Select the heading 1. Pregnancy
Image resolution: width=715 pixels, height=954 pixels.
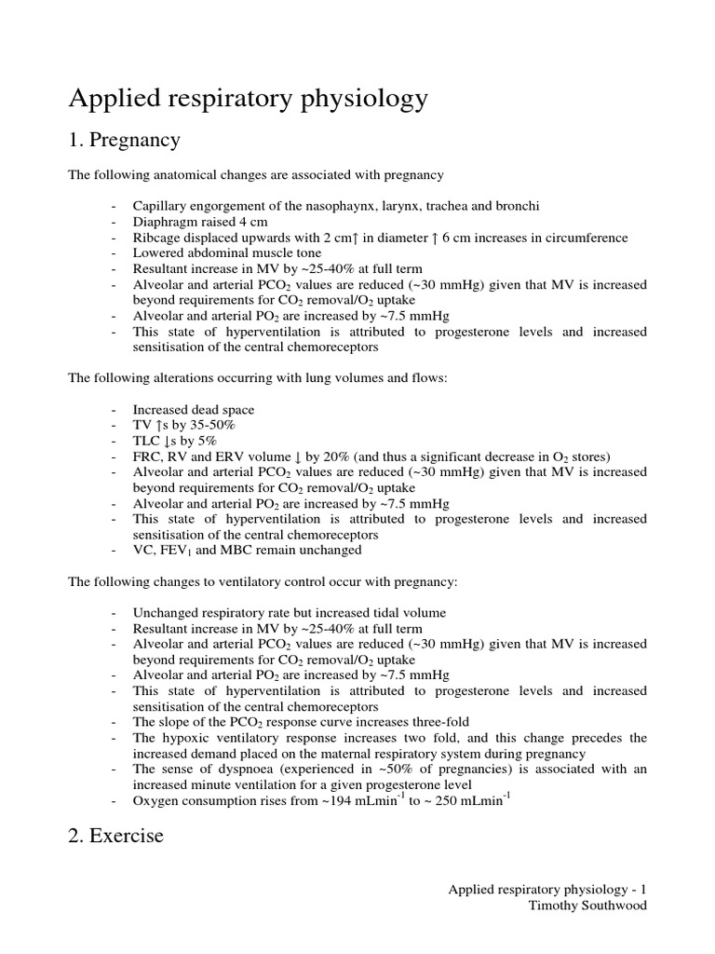pos(124,141)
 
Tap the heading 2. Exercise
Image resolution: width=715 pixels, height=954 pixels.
pos(115,836)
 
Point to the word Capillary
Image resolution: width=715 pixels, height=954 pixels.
pos(158,206)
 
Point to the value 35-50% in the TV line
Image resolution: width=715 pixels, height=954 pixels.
pos(211,425)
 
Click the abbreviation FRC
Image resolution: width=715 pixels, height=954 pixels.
pos(146,457)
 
